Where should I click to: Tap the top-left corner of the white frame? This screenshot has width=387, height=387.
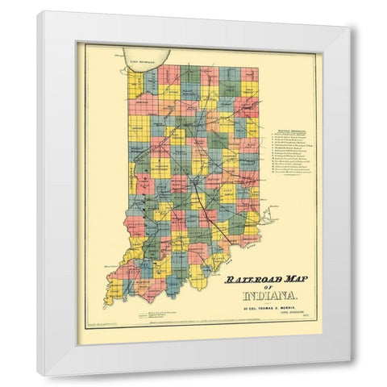click(x=39, y=13)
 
